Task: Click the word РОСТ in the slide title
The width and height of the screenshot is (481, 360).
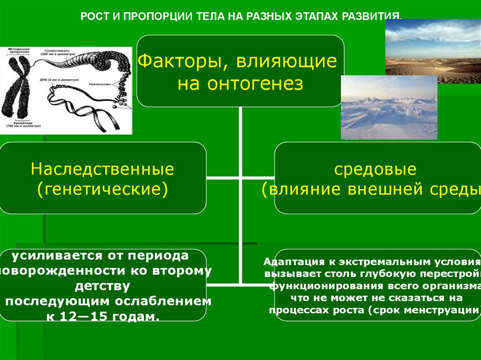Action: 93,16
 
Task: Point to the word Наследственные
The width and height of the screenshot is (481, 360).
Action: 102,169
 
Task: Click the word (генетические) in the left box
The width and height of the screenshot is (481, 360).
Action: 102,189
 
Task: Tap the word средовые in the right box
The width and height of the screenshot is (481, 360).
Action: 375,169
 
